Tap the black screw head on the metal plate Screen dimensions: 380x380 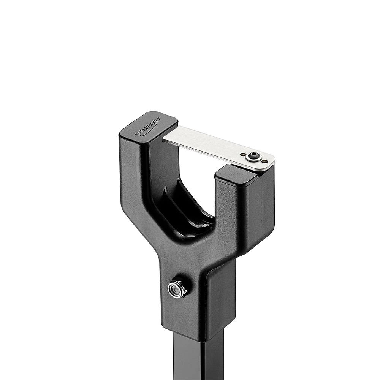[252, 156]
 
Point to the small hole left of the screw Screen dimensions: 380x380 [243, 154]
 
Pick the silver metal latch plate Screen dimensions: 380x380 [213, 146]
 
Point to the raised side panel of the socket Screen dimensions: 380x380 [220, 300]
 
